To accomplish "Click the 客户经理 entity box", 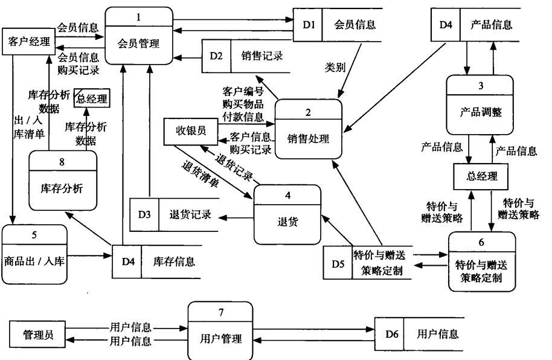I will (x=28, y=41).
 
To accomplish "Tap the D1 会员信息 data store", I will (x=338, y=25).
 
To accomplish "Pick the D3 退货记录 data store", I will (x=175, y=215).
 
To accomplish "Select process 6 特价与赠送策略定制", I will (x=481, y=262).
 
